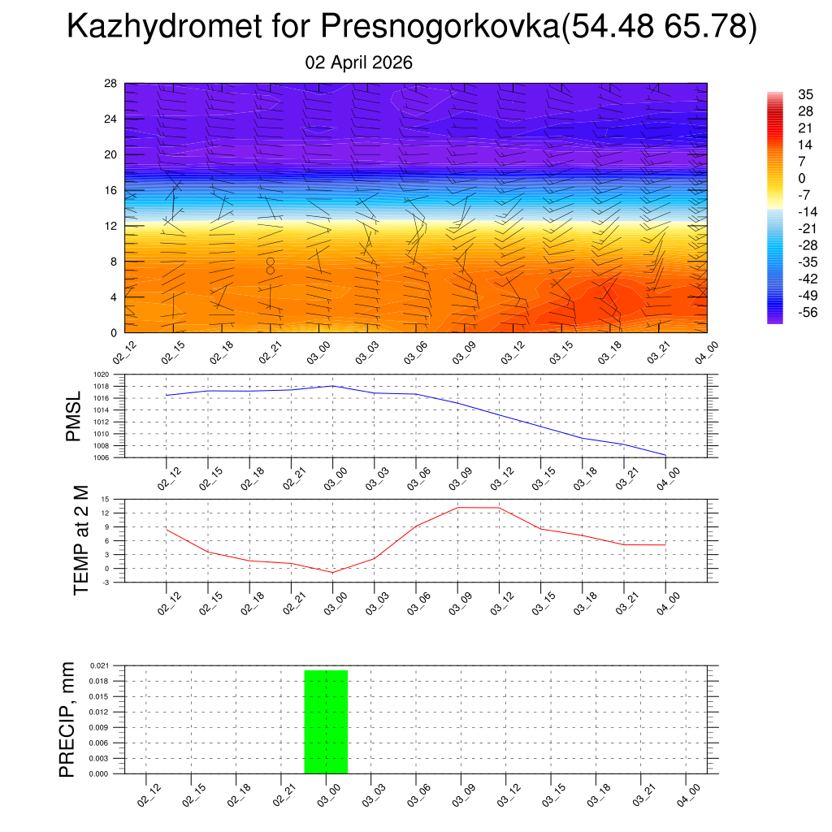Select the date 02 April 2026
[358, 62]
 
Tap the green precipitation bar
[326, 721]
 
